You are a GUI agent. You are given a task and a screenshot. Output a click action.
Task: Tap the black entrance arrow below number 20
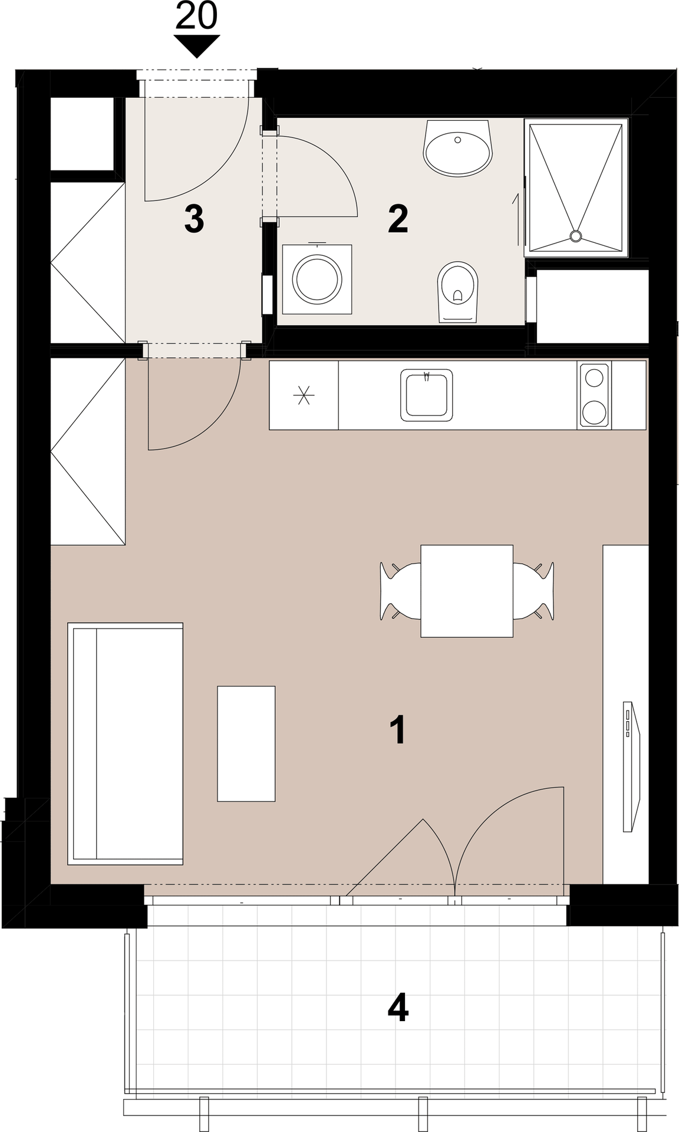pos(196,45)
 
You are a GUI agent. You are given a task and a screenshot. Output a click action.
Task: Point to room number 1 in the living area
pos(398,729)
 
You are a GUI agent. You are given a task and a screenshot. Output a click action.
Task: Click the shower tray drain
pos(575,236)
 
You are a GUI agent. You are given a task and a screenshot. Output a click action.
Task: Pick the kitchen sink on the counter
pos(427,395)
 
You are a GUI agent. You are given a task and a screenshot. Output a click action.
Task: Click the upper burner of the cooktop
pos(594,376)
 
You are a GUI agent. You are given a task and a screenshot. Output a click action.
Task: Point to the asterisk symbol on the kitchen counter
pos(304,395)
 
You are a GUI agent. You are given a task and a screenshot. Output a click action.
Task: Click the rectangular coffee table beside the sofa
pos(246,743)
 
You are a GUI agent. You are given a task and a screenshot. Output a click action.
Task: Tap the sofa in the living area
pos(126,743)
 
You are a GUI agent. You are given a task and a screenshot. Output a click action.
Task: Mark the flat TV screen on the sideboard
pos(629,766)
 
